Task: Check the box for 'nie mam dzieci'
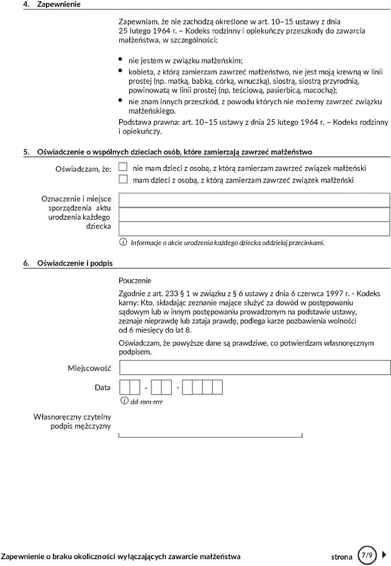click(x=123, y=167)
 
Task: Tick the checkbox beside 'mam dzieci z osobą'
click(x=123, y=179)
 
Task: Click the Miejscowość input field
click(x=254, y=367)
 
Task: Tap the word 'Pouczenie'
click(x=135, y=281)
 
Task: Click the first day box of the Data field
click(x=125, y=388)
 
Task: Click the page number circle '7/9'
click(x=366, y=555)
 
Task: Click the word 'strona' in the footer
click(x=341, y=556)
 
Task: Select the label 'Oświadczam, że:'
click(x=83, y=168)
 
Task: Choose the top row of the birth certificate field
click(x=254, y=200)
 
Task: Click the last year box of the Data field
click(x=217, y=388)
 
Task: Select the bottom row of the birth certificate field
click(x=254, y=228)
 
